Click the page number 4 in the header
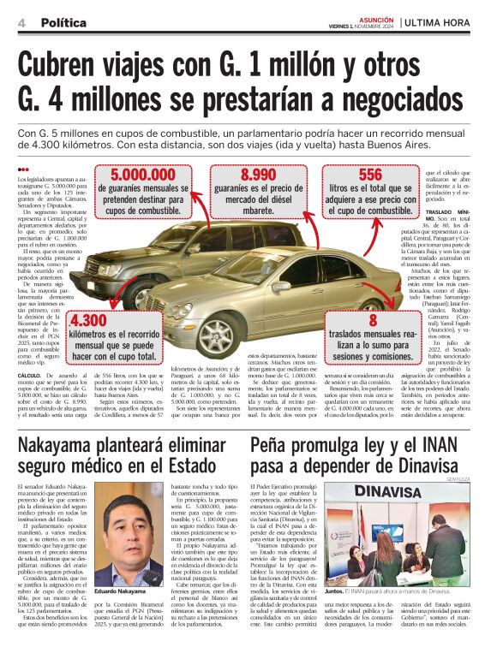pyautogui.click(x=21, y=23)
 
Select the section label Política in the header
pyautogui.click(x=63, y=23)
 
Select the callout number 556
pyautogui.click(x=370, y=175)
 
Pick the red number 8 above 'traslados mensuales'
pyautogui.click(x=372, y=320)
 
